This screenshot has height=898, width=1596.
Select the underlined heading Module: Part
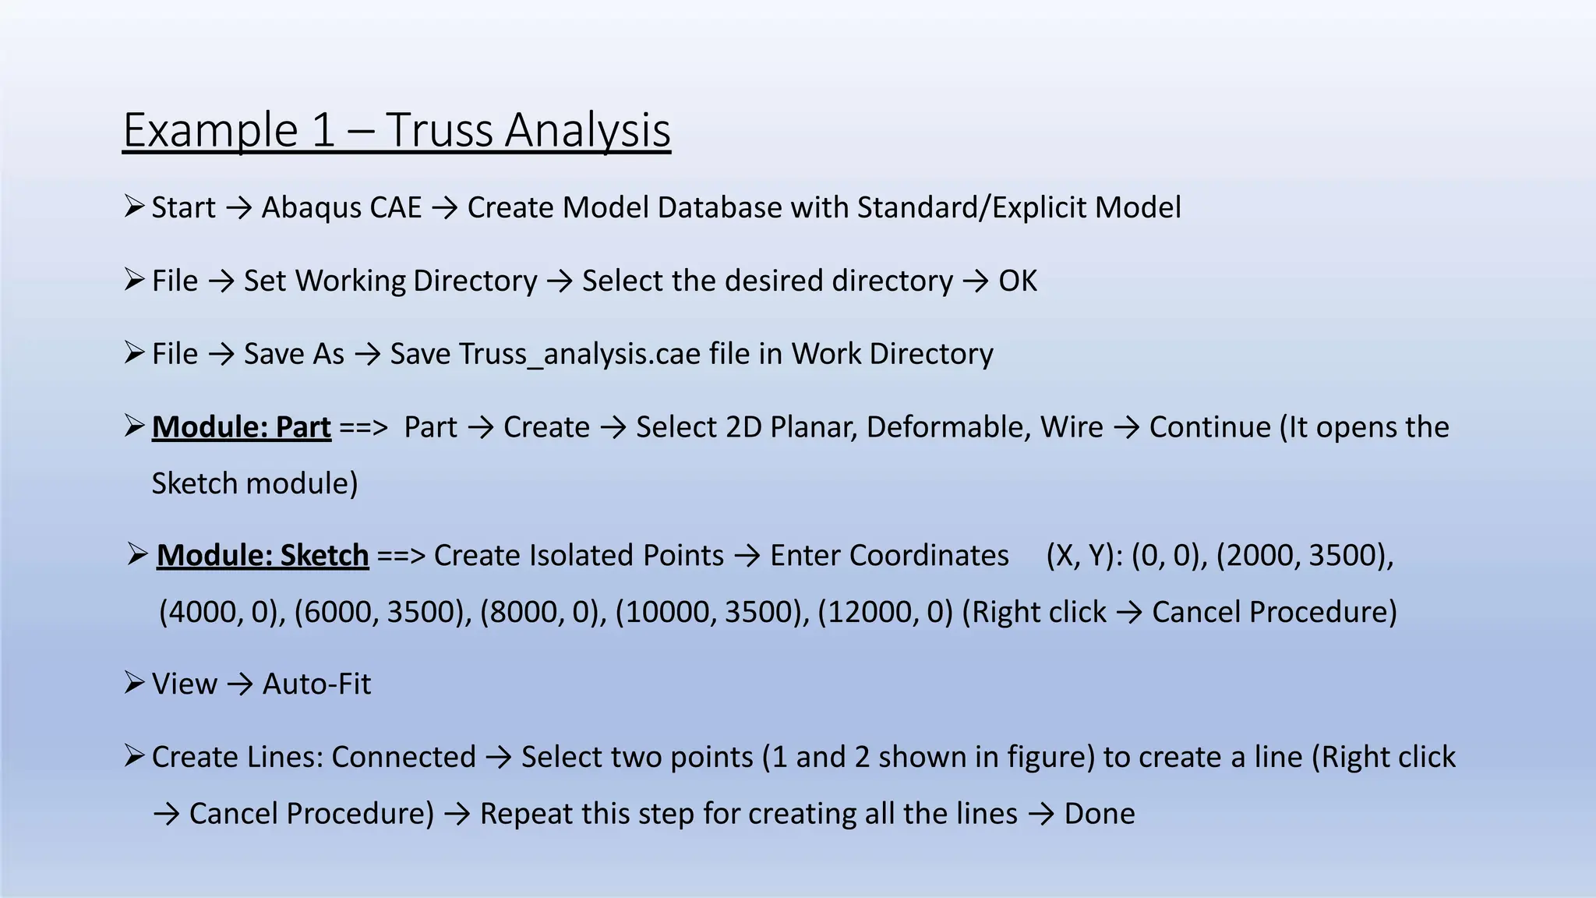241,427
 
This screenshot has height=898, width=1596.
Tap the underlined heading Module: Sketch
262,555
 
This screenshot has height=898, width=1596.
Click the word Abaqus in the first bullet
341,207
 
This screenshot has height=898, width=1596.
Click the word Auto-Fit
316,684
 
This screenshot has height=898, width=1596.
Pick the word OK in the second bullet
1018,281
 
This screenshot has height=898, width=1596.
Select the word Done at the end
1099,814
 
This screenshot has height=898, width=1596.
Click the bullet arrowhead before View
134,683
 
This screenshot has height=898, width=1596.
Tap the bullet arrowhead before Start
134,207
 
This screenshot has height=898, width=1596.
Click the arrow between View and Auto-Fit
240,684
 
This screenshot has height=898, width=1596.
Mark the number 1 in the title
323,129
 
